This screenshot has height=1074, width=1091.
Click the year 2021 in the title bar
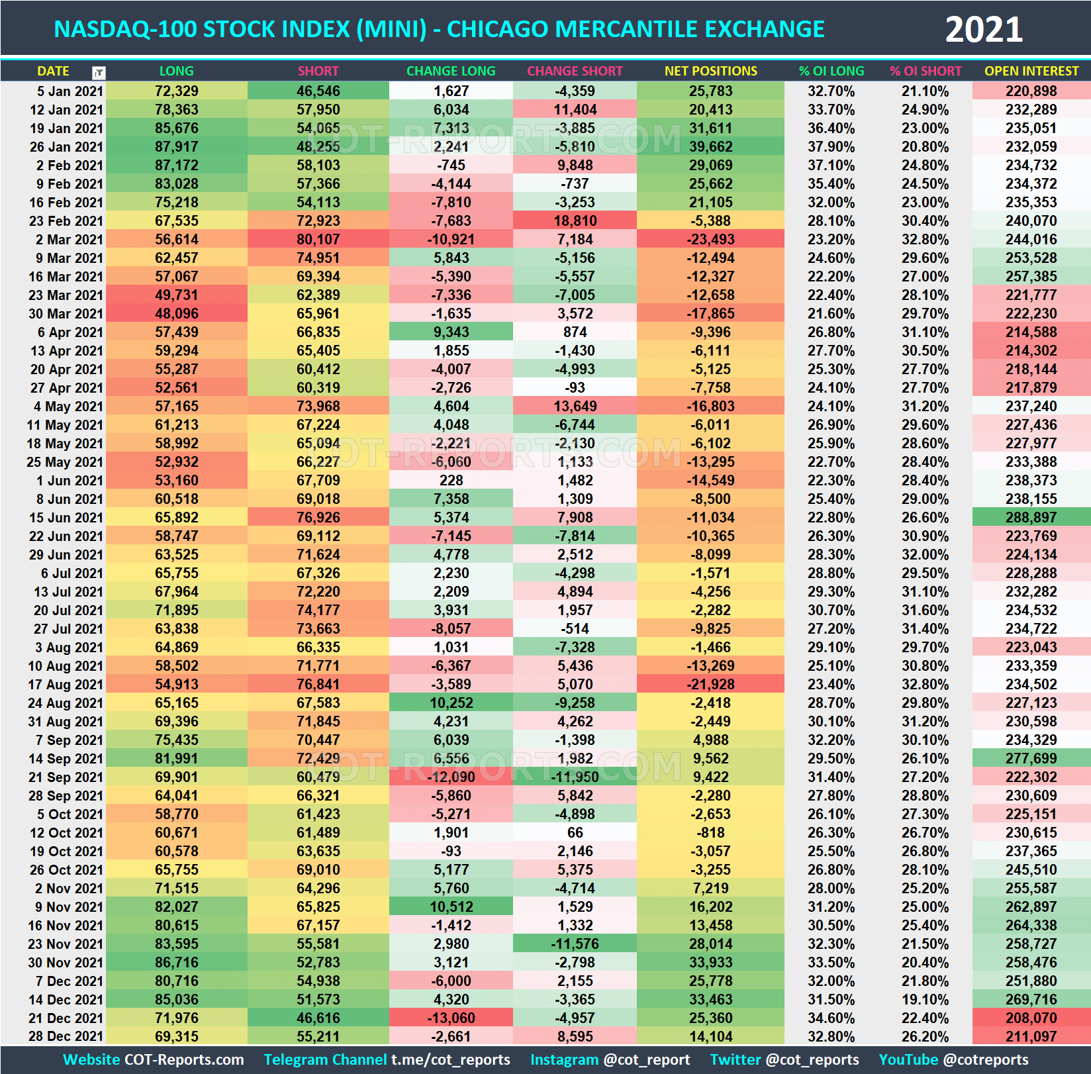(984, 30)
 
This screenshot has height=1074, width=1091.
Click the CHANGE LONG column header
(450, 71)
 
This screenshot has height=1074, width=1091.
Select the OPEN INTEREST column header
(1031, 71)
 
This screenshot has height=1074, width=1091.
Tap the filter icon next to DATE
(99, 72)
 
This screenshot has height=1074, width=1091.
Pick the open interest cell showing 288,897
(1031, 518)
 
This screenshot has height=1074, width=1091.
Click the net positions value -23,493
(710, 240)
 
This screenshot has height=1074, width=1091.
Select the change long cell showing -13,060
(450, 1018)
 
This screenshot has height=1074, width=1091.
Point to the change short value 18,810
(575, 221)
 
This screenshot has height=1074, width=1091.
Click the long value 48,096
(176, 314)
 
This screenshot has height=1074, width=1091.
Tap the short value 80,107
(318, 240)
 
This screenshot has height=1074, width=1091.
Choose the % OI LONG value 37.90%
(831, 147)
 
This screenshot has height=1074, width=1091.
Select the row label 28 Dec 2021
(66, 1037)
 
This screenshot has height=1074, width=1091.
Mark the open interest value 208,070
(1031, 1018)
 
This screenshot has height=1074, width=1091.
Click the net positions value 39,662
(710, 147)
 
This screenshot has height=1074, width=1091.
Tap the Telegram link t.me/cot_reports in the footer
(450, 1059)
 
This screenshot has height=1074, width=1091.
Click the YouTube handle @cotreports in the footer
(986, 1059)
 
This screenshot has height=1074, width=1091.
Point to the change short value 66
(575, 833)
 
